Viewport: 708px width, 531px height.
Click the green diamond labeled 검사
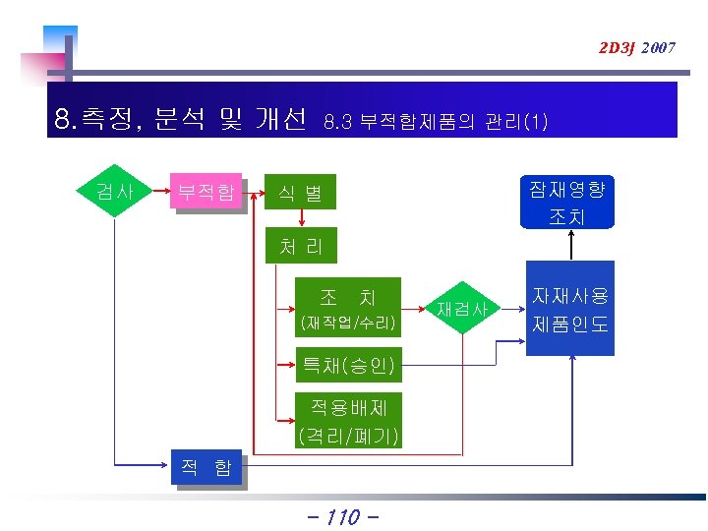pos(116,191)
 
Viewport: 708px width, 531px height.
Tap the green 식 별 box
pos(301,193)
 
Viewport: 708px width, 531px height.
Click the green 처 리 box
pos(301,246)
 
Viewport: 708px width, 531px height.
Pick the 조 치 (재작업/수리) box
pos(348,308)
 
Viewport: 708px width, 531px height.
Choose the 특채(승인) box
pos(348,367)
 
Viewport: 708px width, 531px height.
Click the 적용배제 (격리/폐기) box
pos(348,420)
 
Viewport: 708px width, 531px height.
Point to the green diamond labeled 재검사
pos(462,309)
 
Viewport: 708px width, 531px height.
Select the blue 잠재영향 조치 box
pos(569,202)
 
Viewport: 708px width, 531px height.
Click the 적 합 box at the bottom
pos(206,468)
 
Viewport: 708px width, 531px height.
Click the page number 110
pos(339,516)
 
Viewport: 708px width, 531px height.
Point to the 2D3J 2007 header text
pos(636,47)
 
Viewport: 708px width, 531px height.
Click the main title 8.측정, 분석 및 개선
pos(181,121)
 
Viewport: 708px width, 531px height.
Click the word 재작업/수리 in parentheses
pos(348,323)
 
